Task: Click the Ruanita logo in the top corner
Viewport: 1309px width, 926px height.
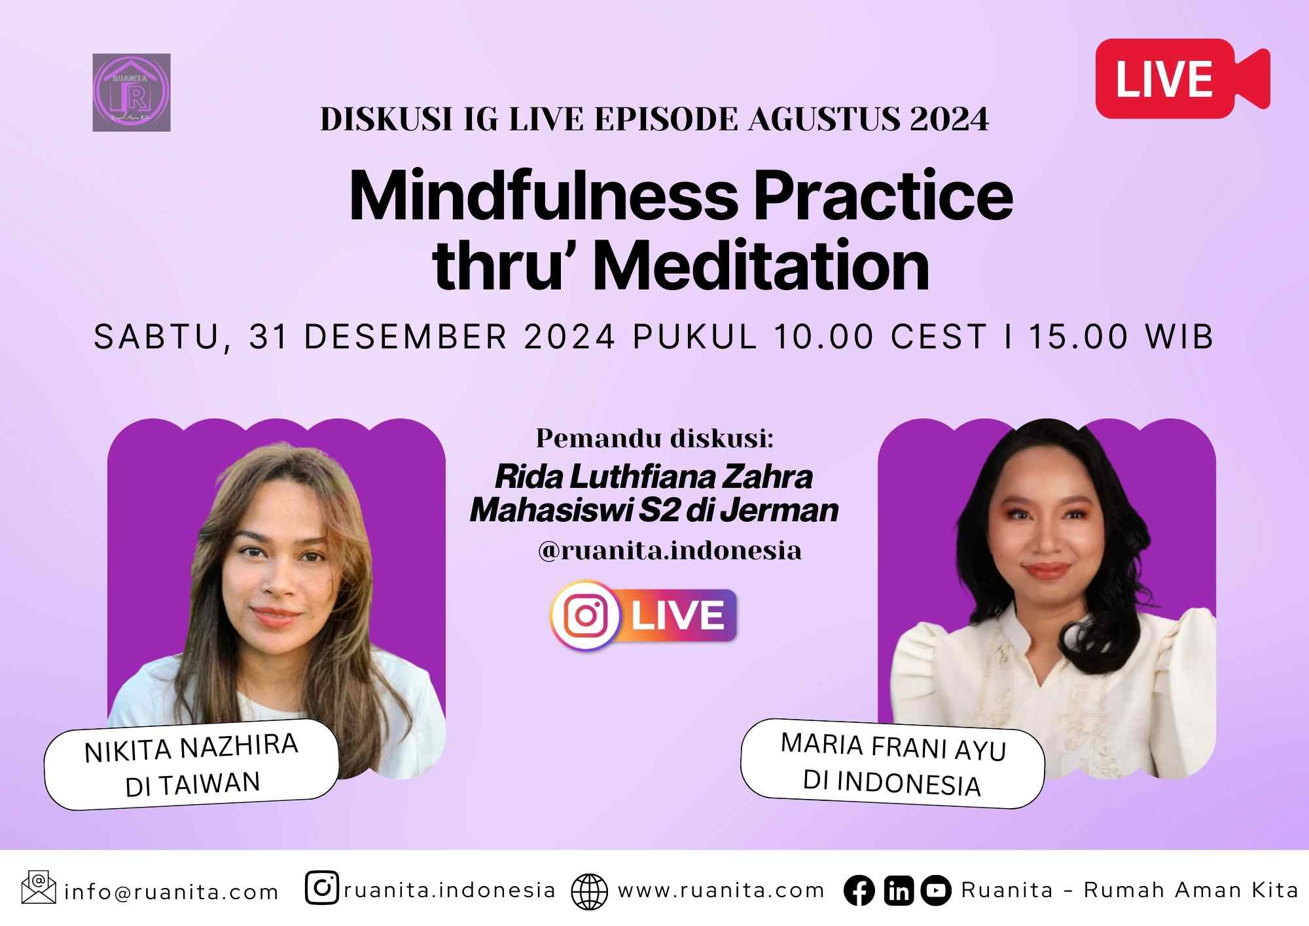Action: (x=132, y=92)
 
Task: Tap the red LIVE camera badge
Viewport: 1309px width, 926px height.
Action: (x=1181, y=79)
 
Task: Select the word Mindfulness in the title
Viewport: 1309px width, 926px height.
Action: (x=543, y=196)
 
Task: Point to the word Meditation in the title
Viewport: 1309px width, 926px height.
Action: (x=762, y=266)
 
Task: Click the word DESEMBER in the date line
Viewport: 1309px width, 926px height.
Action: (x=406, y=337)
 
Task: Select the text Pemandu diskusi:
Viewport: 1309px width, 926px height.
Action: (x=654, y=438)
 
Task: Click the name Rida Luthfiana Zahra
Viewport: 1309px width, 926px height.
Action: (x=653, y=476)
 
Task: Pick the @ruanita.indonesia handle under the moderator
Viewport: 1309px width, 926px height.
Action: (x=670, y=550)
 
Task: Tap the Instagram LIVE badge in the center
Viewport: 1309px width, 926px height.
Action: (x=644, y=616)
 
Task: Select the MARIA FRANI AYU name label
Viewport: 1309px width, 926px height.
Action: (x=893, y=747)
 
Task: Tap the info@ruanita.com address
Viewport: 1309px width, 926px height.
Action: (x=171, y=892)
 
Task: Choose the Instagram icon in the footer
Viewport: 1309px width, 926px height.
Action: (x=321, y=889)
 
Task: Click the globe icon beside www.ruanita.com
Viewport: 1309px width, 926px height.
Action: (x=589, y=891)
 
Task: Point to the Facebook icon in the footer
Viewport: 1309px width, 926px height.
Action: (x=859, y=891)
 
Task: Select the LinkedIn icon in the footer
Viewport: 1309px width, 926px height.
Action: (x=899, y=891)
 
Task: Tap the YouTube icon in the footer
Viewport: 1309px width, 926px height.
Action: (x=936, y=891)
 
